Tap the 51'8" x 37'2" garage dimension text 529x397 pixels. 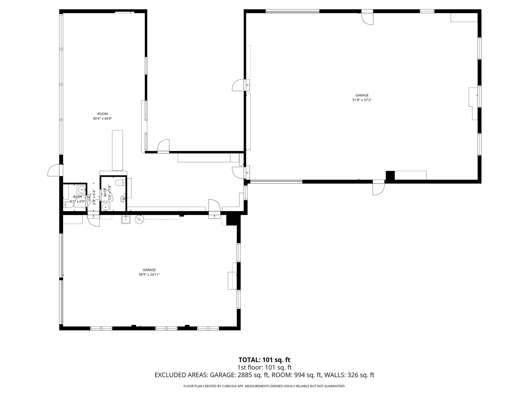362,100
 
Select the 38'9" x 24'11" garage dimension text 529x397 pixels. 149,275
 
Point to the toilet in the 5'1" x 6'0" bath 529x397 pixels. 69,205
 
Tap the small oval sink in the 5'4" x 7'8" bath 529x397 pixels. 123,199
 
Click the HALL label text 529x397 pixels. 90,197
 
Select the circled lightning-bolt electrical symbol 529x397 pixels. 139,219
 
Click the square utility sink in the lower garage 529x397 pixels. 126,219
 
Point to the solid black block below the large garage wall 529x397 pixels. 390,175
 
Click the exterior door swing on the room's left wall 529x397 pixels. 53,171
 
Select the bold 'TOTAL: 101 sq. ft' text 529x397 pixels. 264,360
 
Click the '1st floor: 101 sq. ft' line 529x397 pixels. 264,367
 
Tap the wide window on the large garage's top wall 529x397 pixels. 292,11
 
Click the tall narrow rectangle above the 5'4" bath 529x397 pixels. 117,150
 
